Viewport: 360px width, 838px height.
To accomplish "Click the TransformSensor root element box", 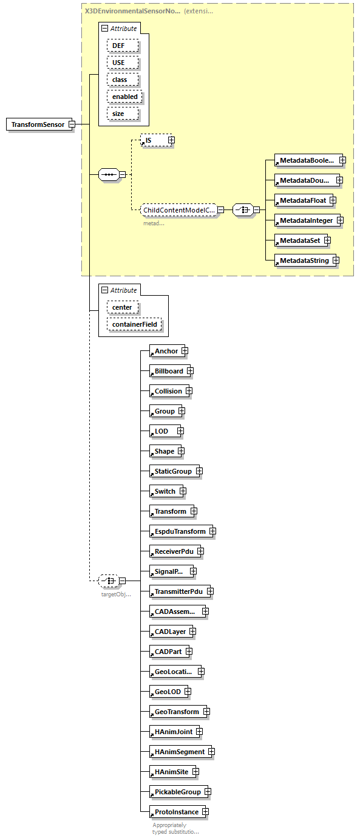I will click(38, 124).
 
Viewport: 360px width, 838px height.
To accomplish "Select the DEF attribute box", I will click(122, 46).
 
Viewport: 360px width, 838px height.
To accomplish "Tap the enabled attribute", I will click(124, 97).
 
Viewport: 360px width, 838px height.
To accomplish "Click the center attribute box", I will click(122, 307).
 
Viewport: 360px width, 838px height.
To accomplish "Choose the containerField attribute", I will click(134, 324).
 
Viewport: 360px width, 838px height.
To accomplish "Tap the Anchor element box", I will click(166, 351).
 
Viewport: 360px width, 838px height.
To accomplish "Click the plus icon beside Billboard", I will click(190, 371).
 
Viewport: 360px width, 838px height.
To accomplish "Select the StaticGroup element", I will click(172, 471).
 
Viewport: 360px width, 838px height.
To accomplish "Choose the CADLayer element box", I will click(170, 632).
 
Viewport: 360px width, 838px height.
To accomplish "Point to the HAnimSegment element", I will click(179, 752).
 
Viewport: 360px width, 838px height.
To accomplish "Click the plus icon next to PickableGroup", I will click(208, 792).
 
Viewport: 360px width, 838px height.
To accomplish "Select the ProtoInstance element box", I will click(175, 812).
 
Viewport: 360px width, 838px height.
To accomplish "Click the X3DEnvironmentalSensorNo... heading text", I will click(132, 11).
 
